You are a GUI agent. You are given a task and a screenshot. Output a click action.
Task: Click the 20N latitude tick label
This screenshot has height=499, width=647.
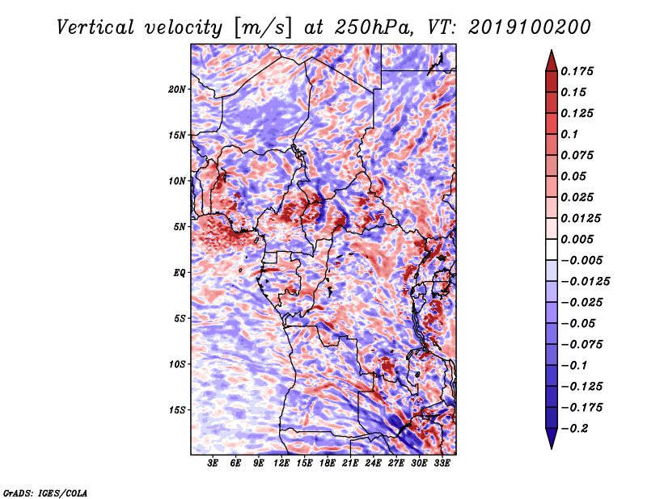[x=177, y=90]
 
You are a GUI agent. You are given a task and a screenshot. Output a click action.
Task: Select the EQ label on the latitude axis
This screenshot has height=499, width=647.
[x=180, y=273]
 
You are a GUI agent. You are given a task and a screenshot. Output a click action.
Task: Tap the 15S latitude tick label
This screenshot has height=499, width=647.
[x=177, y=410]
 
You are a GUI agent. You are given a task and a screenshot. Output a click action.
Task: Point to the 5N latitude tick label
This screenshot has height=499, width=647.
[x=180, y=227]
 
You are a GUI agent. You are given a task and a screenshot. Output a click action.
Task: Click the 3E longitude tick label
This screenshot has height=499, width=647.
[x=213, y=463]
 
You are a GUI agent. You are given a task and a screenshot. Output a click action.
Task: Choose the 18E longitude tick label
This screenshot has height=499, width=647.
[x=328, y=463]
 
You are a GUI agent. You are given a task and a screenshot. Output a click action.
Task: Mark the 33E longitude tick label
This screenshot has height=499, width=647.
[x=442, y=463]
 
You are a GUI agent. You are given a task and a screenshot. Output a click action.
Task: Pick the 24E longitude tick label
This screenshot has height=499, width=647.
[x=373, y=463]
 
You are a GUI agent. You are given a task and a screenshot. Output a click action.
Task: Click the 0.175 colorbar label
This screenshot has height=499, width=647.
[x=577, y=71]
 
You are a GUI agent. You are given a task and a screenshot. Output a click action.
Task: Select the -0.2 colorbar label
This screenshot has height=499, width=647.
[x=574, y=429]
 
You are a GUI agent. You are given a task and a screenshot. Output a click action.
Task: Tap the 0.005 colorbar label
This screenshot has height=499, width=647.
[x=577, y=239]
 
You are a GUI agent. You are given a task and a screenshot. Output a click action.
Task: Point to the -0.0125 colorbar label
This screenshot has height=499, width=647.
[x=585, y=282]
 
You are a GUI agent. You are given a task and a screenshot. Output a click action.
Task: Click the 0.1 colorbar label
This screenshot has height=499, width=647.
[x=569, y=134]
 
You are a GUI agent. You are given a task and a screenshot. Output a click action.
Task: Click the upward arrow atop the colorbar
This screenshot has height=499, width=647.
[x=552, y=61]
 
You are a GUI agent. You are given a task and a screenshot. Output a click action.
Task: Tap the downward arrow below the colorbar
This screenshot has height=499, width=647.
[x=552, y=438]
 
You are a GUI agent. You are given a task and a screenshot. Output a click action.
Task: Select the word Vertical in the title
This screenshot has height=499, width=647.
[x=95, y=27]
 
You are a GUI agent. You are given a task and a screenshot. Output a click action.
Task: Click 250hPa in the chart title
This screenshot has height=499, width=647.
[x=374, y=27]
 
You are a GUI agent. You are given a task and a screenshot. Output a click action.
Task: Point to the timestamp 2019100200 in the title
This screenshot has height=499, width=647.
[x=530, y=27]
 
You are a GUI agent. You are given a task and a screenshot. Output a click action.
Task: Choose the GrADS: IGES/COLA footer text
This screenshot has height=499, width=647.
[x=45, y=493]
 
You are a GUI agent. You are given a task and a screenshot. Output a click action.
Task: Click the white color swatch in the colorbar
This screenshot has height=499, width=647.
[x=552, y=249]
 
